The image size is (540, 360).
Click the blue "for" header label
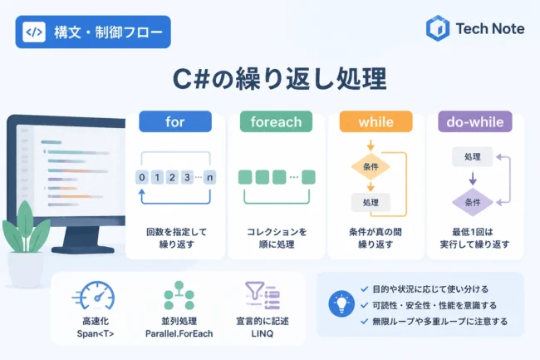(x=175, y=121)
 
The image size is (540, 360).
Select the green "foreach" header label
(x=276, y=121)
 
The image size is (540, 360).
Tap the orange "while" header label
(x=376, y=121)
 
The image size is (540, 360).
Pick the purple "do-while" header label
(x=475, y=121)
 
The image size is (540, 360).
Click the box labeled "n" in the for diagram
(x=209, y=177)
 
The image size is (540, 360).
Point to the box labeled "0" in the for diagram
(x=142, y=177)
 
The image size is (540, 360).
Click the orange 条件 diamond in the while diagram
(x=371, y=167)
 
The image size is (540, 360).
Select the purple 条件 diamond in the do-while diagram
(x=473, y=202)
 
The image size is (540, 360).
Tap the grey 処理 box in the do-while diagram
(x=473, y=157)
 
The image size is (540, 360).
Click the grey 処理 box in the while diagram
(x=371, y=203)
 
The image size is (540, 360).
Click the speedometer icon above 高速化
(x=95, y=296)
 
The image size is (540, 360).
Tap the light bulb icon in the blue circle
(x=341, y=303)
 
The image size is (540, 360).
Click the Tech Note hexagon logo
(x=438, y=28)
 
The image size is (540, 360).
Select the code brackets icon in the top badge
(x=34, y=32)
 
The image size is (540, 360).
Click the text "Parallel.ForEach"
(x=179, y=334)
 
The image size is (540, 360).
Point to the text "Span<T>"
(x=96, y=334)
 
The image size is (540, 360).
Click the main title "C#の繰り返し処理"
(x=279, y=79)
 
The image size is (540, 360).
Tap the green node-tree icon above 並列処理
(x=179, y=295)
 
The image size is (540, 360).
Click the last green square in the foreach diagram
(x=308, y=177)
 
